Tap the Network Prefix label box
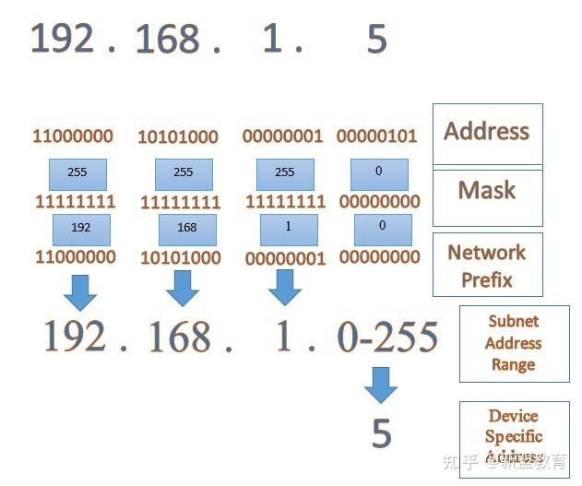(487, 265)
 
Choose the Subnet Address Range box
(514, 343)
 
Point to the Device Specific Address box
(514, 436)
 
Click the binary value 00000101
(376, 136)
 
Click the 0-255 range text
(387, 338)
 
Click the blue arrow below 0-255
(380, 385)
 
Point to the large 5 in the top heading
(376, 41)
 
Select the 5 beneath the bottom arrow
(381, 433)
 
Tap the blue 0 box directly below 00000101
(381, 173)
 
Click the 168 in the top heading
(167, 41)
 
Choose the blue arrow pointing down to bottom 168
(182, 288)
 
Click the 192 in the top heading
(63, 39)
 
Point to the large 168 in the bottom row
(178, 338)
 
